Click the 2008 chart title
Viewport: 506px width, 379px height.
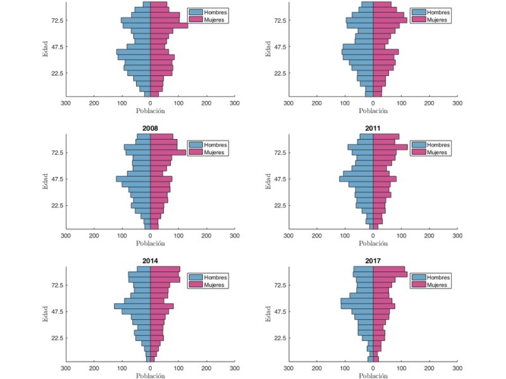pos(150,128)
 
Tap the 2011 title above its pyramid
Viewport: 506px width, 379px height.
pos(373,128)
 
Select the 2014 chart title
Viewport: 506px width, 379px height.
pos(150,260)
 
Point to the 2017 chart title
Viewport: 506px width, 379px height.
pos(373,260)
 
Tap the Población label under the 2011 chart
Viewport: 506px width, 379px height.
pos(373,244)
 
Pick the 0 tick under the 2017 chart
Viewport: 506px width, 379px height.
pos(373,368)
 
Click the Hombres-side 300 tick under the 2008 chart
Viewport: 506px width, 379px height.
pos(66,236)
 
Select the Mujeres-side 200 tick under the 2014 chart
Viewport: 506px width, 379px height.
pos(206,368)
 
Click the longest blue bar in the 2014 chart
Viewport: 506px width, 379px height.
pos(132,306)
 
